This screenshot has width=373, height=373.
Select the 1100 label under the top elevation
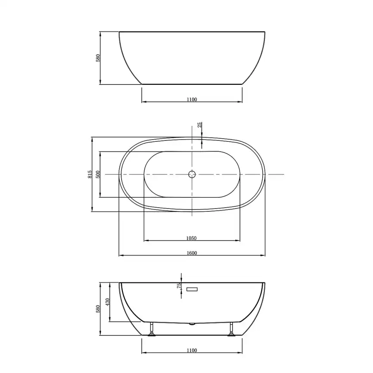pos(192,99)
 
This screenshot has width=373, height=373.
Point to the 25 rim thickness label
pos(200,124)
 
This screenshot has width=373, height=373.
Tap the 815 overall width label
pos(90,174)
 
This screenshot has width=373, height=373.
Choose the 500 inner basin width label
pos(98,174)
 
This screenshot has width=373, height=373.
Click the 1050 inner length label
pos(191,238)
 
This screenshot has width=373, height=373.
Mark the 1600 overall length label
pos(192,253)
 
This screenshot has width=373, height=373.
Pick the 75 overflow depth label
pos(179,286)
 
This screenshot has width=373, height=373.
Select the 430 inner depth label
pos(107,302)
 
